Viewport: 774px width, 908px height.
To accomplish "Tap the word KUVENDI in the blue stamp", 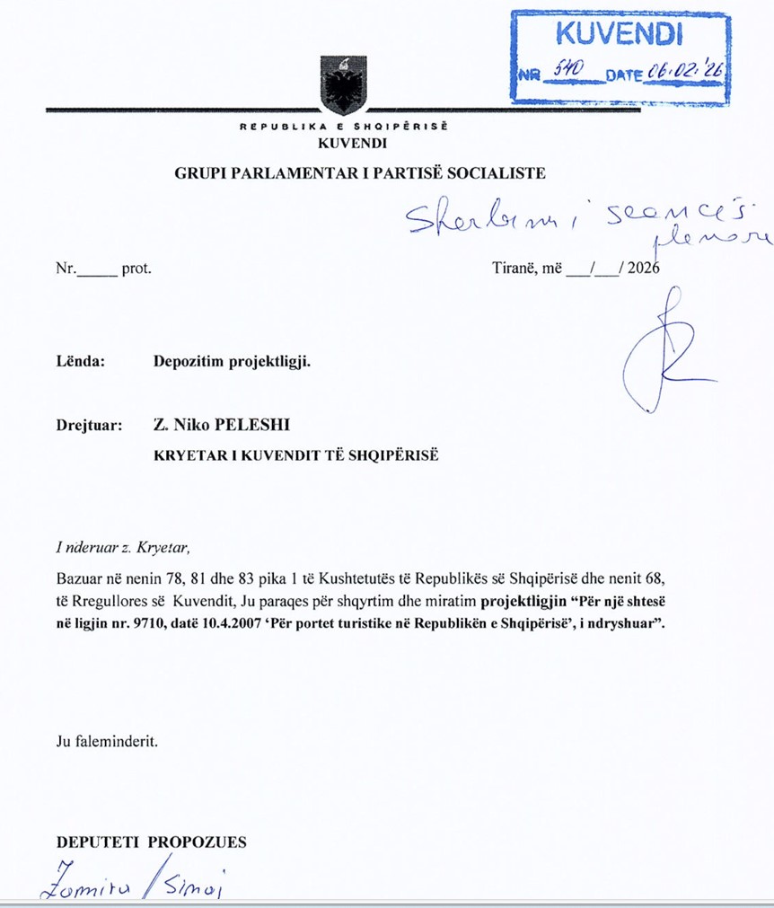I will [620, 34].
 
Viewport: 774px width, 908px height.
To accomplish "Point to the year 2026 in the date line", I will [644, 268].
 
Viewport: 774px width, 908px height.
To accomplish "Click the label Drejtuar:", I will [89, 424].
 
